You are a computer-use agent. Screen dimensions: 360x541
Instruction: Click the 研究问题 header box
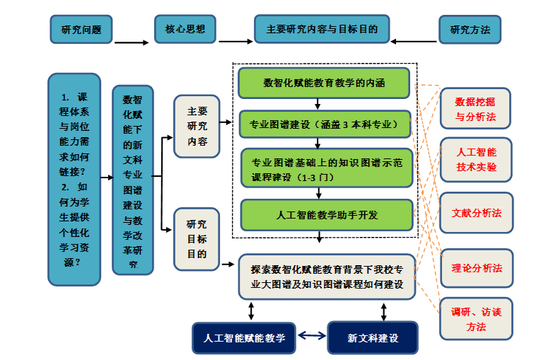pos(81,30)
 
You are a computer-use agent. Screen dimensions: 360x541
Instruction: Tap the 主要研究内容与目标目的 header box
pos(322,30)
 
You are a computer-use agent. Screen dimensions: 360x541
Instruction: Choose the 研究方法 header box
pos(470,30)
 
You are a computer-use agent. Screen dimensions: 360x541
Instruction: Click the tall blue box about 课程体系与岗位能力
pos(74,179)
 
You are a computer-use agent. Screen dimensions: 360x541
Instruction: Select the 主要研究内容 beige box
pos(197,126)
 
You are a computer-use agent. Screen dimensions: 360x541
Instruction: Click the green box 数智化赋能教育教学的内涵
pos(324,83)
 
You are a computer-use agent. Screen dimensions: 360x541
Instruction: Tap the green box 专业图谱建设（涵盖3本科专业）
pos(325,124)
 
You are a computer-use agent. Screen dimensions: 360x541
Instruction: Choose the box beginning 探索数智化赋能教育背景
pos(326,277)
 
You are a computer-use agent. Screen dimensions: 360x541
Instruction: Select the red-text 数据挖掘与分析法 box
pos(475,108)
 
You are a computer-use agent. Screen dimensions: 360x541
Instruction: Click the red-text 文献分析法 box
pos(476,212)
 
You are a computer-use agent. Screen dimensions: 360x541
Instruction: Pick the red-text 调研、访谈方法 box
pos(476,319)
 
